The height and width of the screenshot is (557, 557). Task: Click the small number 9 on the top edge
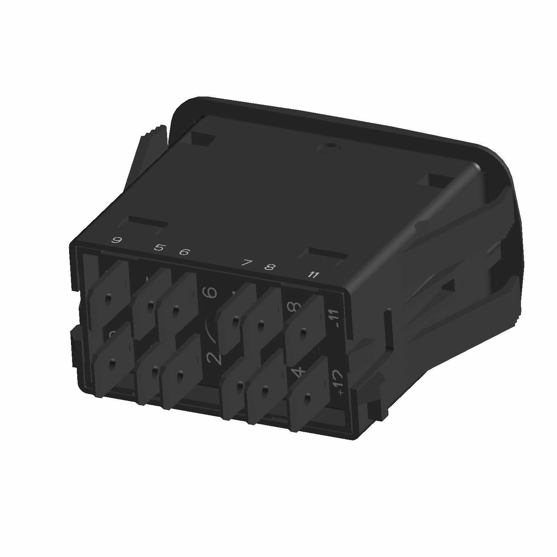pyautogui.click(x=117, y=240)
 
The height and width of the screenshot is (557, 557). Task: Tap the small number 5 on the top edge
pyautogui.click(x=159, y=247)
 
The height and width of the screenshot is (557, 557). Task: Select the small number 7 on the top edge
pyautogui.click(x=246, y=263)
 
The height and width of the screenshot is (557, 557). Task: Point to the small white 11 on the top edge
pyautogui.click(x=314, y=275)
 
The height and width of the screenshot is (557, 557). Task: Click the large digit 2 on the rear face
pyautogui.click(x=214, y=358)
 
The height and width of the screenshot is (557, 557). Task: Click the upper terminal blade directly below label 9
pyautogui.click(x=109, y=293)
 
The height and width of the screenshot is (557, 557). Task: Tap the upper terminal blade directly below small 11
pyautogui.click(x=304, y=327)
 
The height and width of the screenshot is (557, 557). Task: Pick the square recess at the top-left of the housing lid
pyautogui.click(x=202, y=139)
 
